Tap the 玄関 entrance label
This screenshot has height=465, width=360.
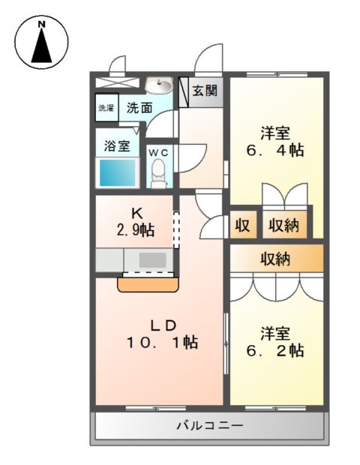click(x=204, y=91)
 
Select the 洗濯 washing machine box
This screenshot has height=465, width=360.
click(x=106, y=108)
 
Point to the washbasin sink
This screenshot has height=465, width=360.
click(x=159, y=85)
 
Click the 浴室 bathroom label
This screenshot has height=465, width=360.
click(x=117, y=145)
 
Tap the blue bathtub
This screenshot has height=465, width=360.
click(x=118, y=173)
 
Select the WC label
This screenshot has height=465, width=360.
click(x=159, y=152)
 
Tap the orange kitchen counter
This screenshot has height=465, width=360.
click(x=148, y=284)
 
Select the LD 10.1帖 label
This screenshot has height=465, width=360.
click(x=160, y=334)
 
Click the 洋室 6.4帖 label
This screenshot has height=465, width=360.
click(x=275, y=142)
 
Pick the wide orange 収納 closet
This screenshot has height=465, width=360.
click(x=276, y=259)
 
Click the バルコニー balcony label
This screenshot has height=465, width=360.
click(x=209, y=426)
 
